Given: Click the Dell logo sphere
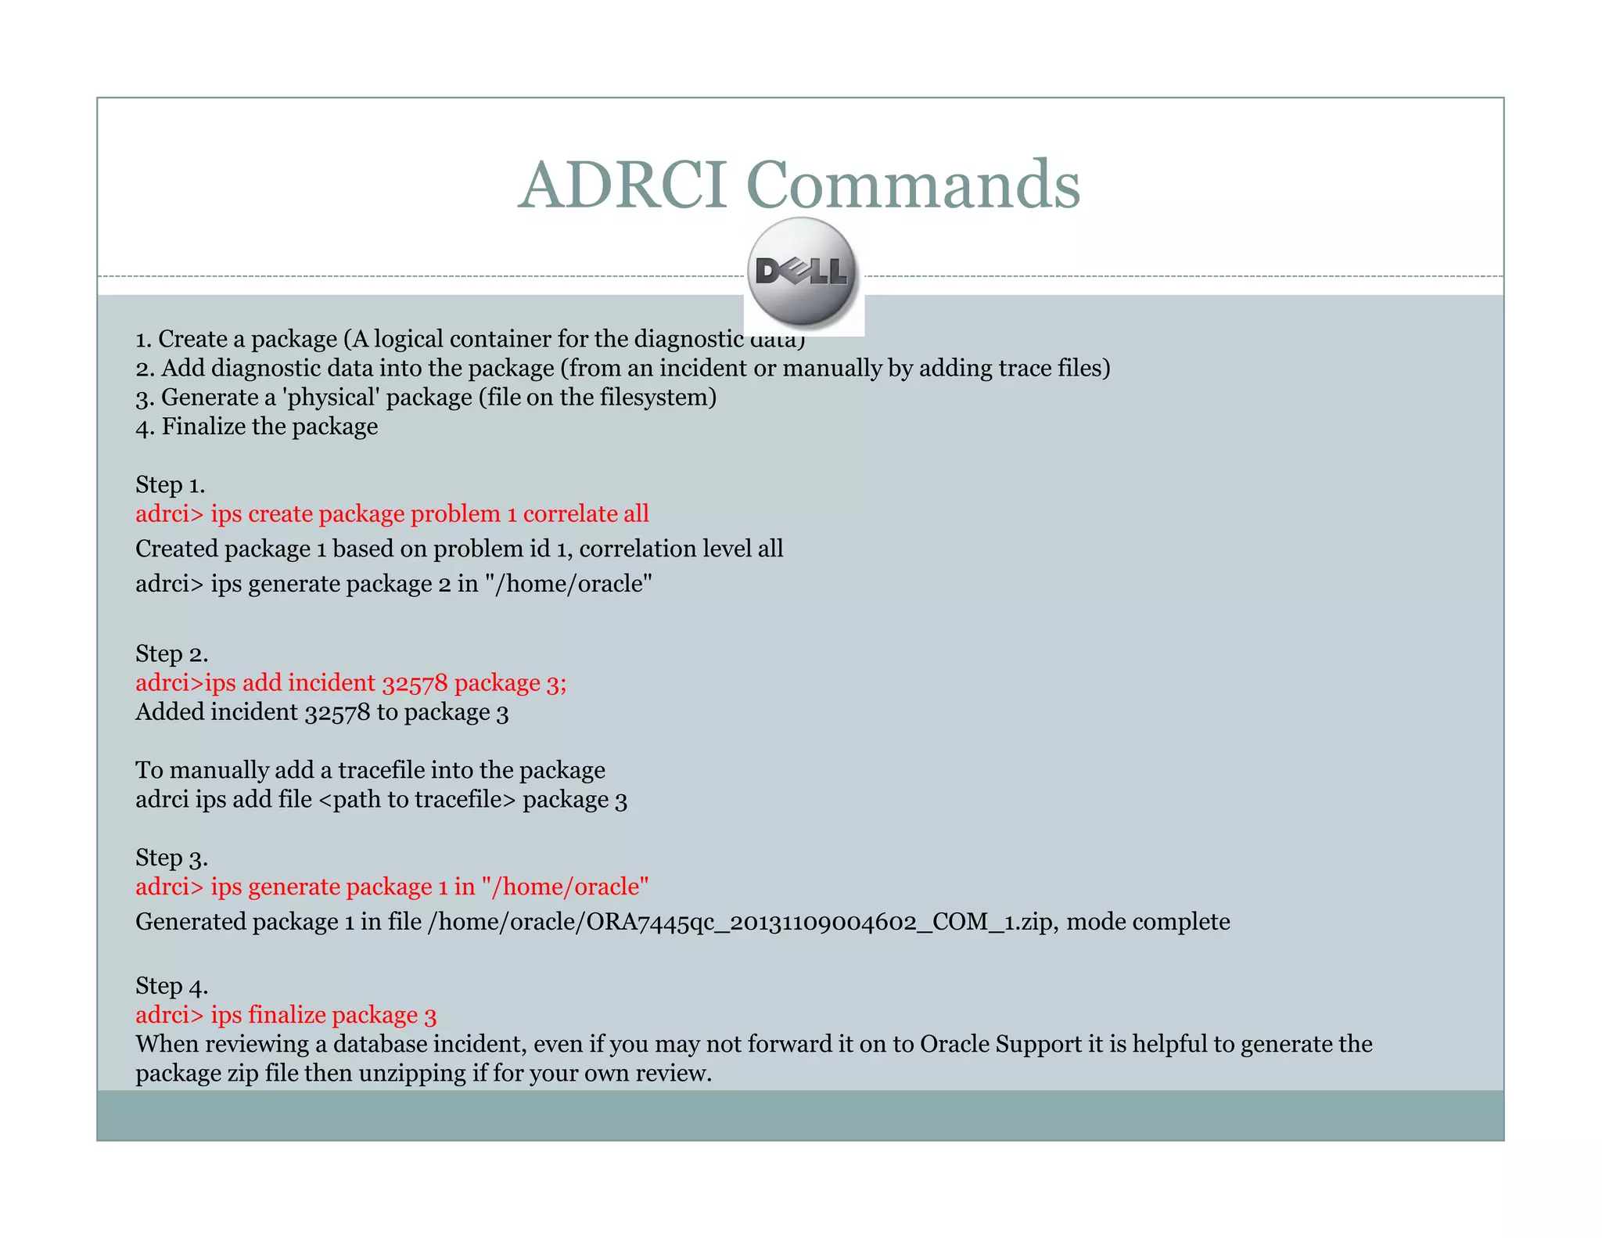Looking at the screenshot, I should point(802,272).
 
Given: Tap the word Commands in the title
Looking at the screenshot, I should point(913,185).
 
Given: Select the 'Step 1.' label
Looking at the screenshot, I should point(170,485).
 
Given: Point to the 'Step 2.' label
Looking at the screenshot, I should point(171,654).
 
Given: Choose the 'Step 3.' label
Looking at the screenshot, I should point(171,858).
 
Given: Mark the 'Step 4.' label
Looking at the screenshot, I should point(171,986).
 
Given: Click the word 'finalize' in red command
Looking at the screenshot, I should point(286,1015).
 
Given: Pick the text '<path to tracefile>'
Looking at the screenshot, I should point(418,800).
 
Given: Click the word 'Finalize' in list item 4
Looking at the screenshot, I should point(203,427).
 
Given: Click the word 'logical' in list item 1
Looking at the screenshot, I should point(408,340).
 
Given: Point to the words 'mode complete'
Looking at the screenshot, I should point(1148,922).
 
